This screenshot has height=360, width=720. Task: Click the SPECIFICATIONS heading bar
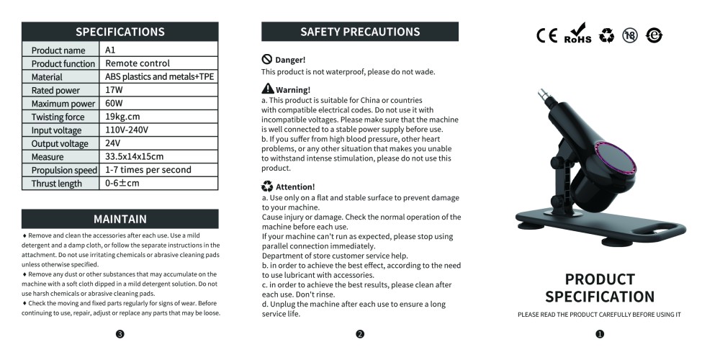tap(120, 32)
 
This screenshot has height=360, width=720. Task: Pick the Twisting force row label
tap(58, 117)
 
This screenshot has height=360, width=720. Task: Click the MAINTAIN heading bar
tap(120, 219)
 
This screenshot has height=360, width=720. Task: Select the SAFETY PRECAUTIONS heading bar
tap(360, 32)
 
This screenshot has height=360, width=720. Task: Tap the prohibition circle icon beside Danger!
tap(266, 59)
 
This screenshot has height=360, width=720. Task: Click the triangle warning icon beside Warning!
tap(267, 89)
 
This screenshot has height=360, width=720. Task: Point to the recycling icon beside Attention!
tap(267, 186)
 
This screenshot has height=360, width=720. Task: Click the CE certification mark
tap(546, 35)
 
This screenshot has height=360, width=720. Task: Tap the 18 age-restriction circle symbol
tap(630, 35)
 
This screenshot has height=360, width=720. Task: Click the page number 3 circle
tap(120, 333)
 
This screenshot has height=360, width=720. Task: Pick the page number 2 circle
tap(360, 333)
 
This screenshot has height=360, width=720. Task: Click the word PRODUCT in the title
tap(600, 279)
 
